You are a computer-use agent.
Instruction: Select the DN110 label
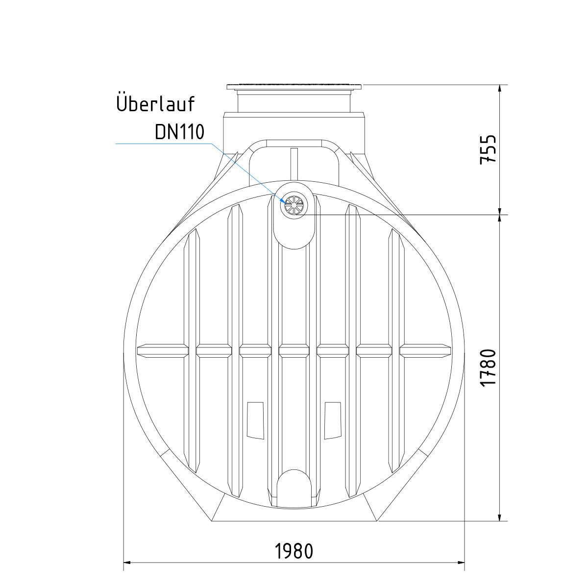point(179,132)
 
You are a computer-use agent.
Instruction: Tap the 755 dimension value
point(488,149)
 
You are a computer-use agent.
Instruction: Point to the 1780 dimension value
point(488,368)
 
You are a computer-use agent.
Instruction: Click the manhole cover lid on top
point(294,87)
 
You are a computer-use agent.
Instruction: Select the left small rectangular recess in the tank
point(255,420)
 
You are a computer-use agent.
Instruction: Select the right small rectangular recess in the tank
point(332,420)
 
